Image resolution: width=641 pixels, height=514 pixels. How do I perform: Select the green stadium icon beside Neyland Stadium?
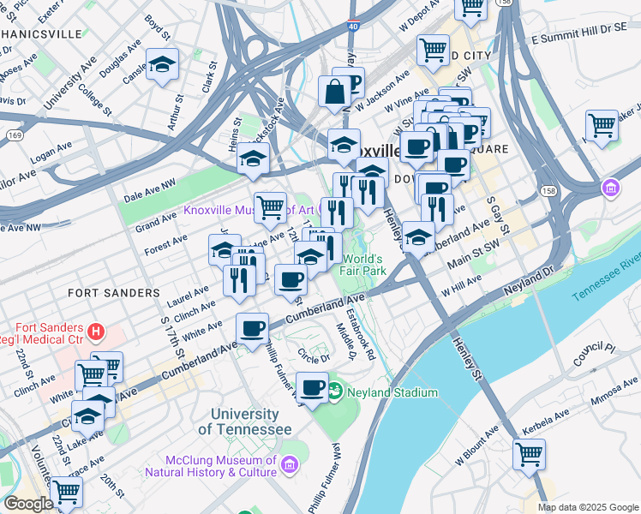(334, 392)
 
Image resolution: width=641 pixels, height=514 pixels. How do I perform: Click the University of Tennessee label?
(250, 421)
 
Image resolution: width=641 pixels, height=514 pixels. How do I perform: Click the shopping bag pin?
(332, 92)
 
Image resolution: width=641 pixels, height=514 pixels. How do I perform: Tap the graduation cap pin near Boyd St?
(161, 66)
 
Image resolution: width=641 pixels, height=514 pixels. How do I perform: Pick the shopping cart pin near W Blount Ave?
(529, 453)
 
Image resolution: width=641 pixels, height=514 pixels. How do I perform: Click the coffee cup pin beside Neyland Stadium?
(313, 387)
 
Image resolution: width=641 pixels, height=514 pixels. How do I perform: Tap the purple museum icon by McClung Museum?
(290, 464)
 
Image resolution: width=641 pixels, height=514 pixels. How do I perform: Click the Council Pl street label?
(599, 356)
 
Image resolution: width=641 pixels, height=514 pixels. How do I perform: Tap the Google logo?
(28, 504)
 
